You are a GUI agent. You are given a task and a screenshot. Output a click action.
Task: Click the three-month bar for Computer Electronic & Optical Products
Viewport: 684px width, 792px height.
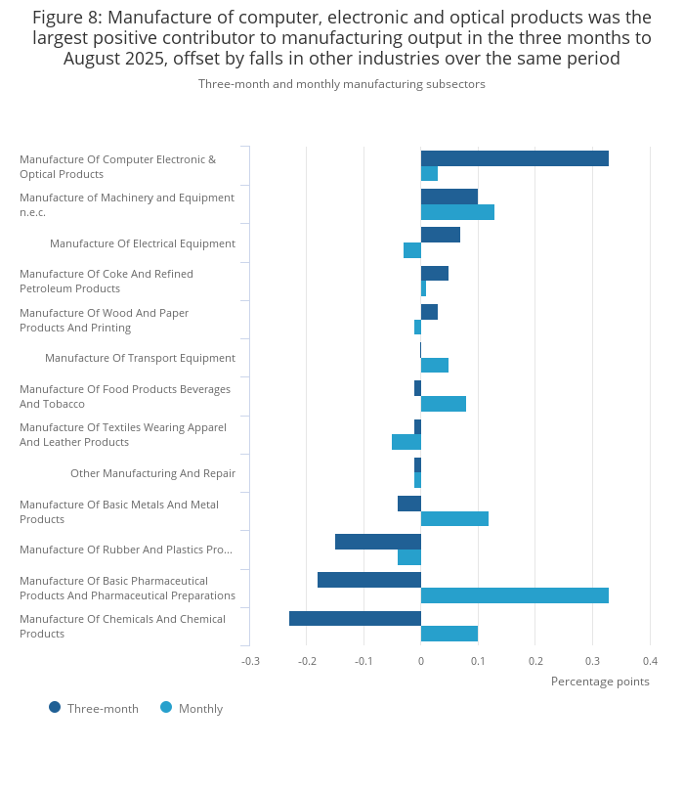tap(515, 158)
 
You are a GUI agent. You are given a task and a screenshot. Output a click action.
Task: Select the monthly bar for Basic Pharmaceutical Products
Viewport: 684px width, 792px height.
tap(515, 595)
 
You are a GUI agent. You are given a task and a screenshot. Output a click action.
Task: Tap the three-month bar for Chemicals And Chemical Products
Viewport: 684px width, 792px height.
tap(355, 618)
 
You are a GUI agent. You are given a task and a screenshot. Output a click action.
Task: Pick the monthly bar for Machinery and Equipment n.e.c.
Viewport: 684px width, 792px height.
tap(457, 212)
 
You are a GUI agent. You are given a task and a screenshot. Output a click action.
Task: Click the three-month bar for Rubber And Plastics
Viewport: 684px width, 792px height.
tap(378, 542)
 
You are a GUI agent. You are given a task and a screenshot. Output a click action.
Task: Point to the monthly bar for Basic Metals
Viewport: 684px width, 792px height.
tap(454, 519)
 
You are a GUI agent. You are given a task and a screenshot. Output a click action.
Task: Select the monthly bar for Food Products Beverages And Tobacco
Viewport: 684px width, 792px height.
tap(444, 404)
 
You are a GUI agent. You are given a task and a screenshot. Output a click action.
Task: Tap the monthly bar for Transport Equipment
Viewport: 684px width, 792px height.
tap(435, 366)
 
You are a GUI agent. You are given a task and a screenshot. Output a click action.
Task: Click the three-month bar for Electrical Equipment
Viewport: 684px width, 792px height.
tap(441, 235)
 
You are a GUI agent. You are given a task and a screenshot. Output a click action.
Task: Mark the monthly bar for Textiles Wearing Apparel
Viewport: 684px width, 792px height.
tap(406, 442)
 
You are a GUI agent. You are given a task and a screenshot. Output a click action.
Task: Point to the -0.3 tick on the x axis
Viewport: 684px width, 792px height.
tap(250, 661)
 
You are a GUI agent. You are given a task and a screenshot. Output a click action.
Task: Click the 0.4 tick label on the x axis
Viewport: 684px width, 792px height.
tap(650, 661)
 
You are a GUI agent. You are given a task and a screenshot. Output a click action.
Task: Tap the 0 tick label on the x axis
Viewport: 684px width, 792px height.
tap(421, 661)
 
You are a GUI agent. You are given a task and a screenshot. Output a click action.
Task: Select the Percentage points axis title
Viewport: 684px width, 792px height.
tap(600, 682)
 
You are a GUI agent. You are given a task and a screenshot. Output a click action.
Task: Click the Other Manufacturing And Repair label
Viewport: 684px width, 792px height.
tap(152, 473)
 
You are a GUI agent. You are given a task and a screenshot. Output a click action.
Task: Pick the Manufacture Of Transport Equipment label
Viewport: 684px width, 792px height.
tap(140, 358)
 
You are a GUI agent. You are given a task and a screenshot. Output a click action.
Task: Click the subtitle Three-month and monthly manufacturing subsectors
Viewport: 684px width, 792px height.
tap(342, 84)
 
